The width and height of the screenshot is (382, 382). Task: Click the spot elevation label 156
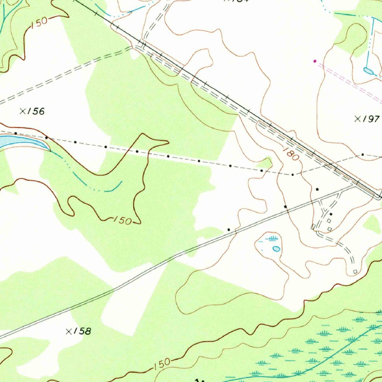(37, 111)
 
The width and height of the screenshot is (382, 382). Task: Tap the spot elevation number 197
(372, 119)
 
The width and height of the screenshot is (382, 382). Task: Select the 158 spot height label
(83, 331)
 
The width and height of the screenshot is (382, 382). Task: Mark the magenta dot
(315, 61)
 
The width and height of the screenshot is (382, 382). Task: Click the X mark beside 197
(358, 119)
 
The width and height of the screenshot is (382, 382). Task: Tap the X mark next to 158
(69, 331)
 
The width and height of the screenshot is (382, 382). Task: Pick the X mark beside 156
(23, 111)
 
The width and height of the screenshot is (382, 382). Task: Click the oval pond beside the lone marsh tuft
(276, 248)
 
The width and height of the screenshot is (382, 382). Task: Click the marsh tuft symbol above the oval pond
(273, 238)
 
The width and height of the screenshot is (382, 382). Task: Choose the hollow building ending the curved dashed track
(355, 271)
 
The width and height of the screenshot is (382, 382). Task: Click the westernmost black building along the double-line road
(229, 229)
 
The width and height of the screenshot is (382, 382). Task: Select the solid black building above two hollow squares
(331, 214)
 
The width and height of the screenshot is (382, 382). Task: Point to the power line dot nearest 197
(362, 154)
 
